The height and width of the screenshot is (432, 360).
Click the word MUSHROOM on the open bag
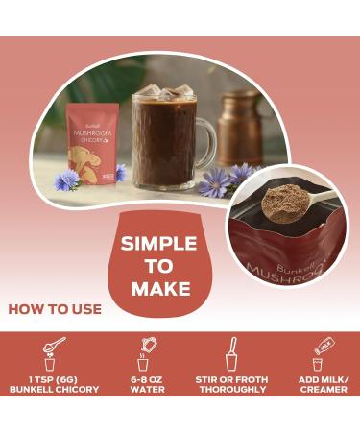pos(283,273)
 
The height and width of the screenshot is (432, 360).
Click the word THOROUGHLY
pos(230,389)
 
